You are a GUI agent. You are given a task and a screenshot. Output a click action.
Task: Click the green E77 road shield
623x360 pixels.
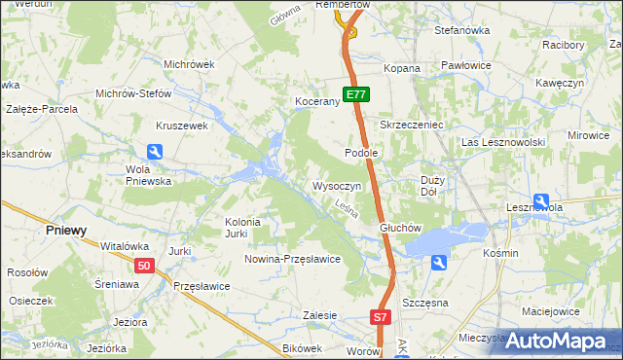click(x=356, y=95)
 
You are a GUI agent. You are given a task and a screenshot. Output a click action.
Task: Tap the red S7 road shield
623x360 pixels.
click(x=381, y=317)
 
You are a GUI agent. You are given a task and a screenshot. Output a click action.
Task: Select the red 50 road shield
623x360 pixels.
click(x=144, y=266)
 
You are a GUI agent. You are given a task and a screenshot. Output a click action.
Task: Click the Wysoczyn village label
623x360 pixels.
click(x=337, y=186)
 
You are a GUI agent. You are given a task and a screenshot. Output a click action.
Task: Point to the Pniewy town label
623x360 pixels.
click(x=67, y=231)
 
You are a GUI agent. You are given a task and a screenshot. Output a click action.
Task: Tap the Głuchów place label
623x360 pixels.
click(x=399, y=229)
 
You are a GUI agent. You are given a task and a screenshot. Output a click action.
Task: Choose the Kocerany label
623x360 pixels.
click(x=316, y=101)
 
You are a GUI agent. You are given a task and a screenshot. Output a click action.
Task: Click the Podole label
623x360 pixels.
click(x=360, y=153)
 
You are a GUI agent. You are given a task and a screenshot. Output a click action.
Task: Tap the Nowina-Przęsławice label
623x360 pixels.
click(x=292, y=259)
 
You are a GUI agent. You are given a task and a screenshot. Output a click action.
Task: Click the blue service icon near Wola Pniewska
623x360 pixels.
click(x=155, y=152)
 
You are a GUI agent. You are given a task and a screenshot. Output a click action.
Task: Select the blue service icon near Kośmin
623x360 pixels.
click(x=439, y=262)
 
